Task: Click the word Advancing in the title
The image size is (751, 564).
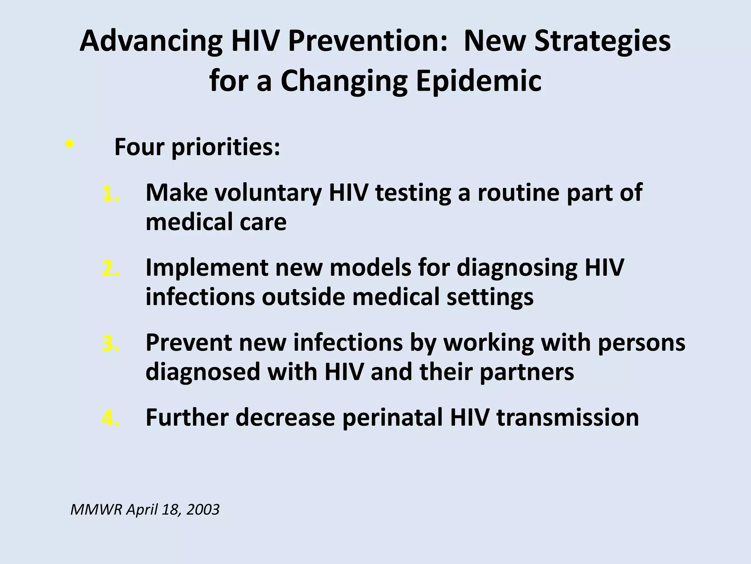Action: [150, 41]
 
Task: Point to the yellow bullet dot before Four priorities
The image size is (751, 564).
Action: [69, 144]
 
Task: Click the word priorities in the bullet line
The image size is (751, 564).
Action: [225, 147]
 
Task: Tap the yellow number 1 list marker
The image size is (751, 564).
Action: [110, 194]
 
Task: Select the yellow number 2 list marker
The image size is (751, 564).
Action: [110, 268]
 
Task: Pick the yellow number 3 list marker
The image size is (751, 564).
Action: [110, 343]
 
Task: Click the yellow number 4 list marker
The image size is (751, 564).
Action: [110, 418]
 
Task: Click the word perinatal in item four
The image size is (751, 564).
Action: [392, 417]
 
